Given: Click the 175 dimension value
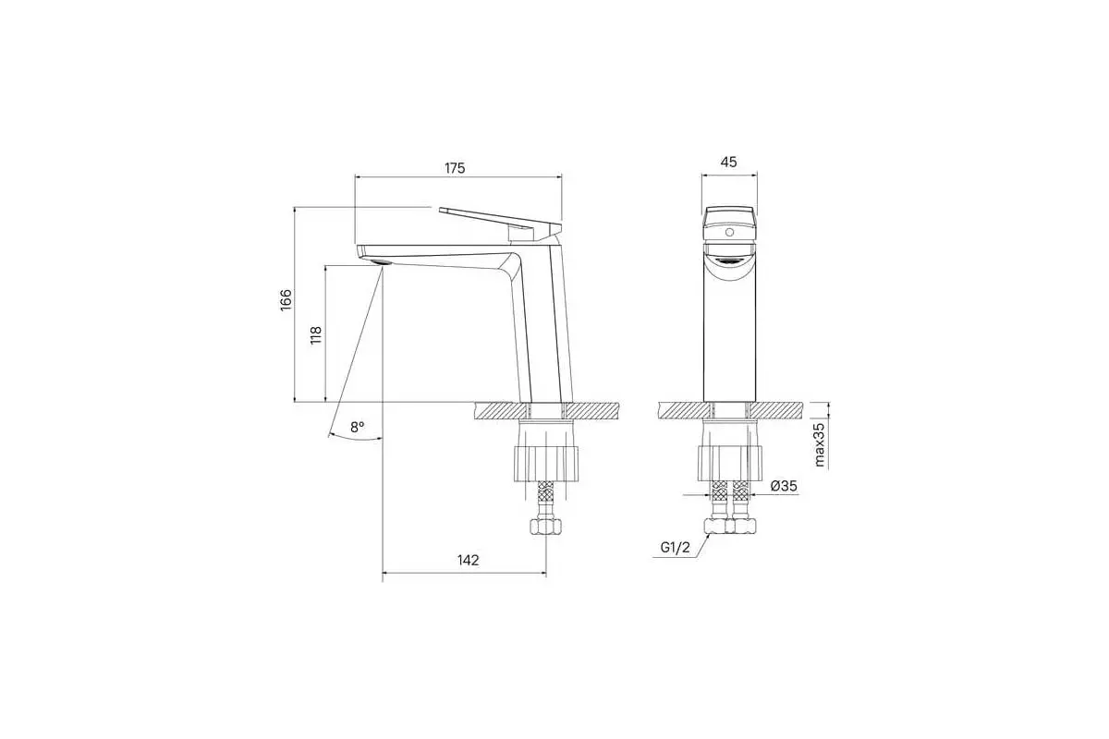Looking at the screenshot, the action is [455, 168].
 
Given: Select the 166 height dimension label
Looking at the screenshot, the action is [286, 300].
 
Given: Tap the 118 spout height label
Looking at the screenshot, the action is [316, 335].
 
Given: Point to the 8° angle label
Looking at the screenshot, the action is [357, 427].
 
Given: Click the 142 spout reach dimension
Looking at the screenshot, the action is [468, 560].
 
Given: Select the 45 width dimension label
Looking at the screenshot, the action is [729, 162].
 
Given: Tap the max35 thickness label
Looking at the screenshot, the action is [821, 444].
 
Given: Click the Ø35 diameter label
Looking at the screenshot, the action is [784, 486].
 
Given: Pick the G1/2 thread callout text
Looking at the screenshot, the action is [675, 548].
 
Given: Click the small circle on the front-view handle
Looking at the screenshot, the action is [729, 232].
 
